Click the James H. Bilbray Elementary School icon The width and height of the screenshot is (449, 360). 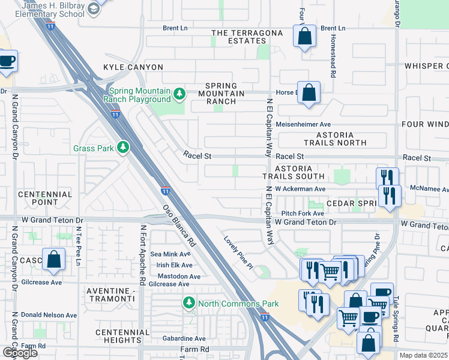pyautogui.click(x=94, y=8)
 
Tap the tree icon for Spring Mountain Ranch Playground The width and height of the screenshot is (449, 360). pyautogui.click(x=179, y=94)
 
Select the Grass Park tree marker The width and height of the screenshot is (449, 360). pyautogui.click(x=123, y=148)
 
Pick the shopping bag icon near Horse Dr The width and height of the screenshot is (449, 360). pyautogui.click(x=309, y=93)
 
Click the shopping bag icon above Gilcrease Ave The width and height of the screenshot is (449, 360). pyautogui.click(x=53, y=259)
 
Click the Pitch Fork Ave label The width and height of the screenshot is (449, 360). pyautogui.click(x=303, y=213)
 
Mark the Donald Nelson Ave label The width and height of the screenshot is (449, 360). pyautogui.click(x=49, y=314)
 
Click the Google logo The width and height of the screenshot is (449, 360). pyautogui.click(x=20, y=353)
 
